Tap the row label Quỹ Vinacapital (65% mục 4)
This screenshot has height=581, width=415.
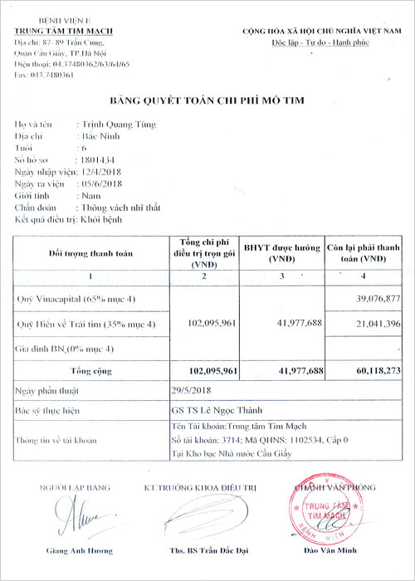[75, 297]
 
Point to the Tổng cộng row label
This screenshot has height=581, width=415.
[90, 370]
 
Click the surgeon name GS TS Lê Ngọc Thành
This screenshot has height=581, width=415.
[207, 409]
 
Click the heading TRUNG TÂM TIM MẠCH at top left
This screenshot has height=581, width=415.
[63, 31]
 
